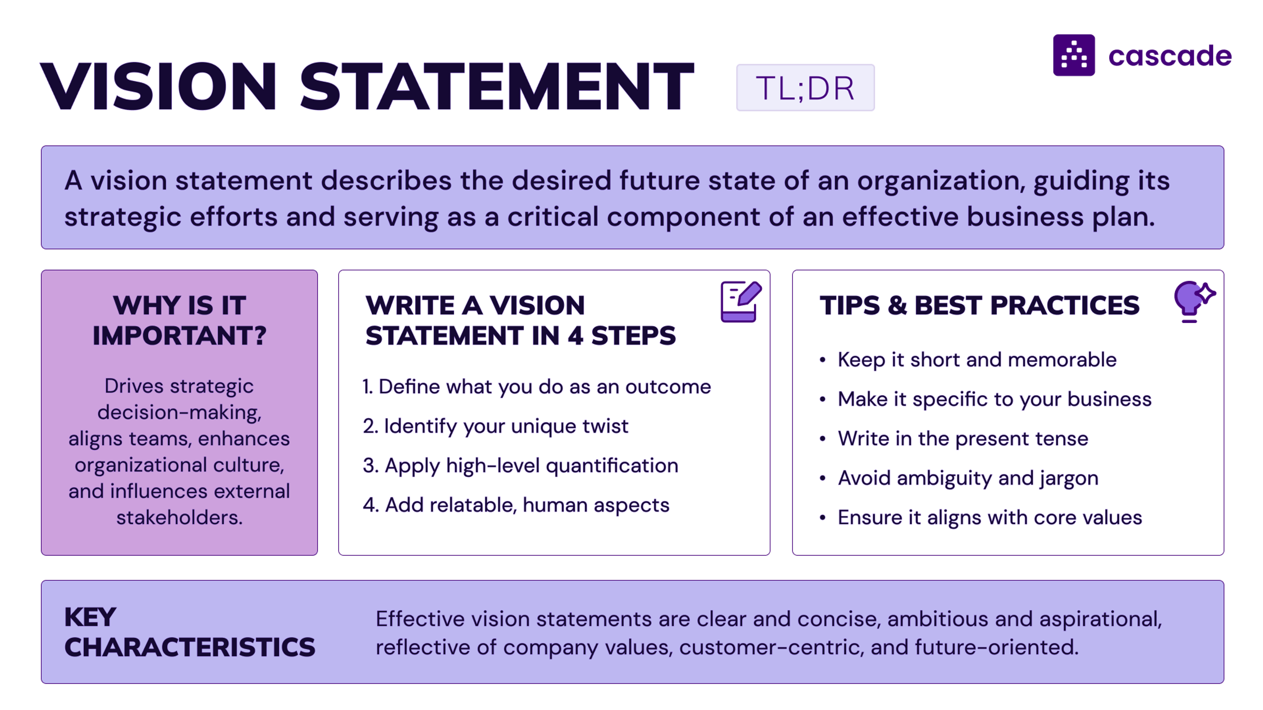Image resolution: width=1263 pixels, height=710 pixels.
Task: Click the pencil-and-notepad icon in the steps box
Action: pyautogui.click(x=740, y=301)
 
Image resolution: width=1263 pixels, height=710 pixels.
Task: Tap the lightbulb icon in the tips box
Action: pyautogui.click(x=1193, y=301)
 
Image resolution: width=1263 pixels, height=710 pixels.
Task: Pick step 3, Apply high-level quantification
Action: pyautogui.click(x=520, y=465)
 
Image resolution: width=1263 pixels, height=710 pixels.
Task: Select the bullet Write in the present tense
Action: pyautogui.click(x=962, y=438)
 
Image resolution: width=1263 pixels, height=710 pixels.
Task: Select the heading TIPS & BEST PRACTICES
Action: pyautogui.click(x=979, y=305)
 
